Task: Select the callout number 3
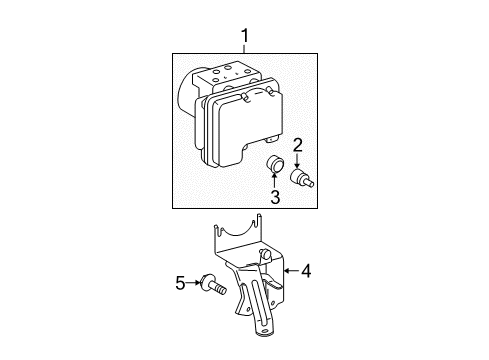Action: coord(274,197)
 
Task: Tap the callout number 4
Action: coord(306,270)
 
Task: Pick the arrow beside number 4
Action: coord(291,270)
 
